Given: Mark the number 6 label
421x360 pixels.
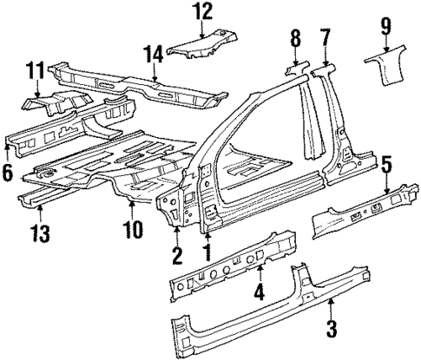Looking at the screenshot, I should pos(8,173).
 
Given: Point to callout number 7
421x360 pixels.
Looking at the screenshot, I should pos(326,37).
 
